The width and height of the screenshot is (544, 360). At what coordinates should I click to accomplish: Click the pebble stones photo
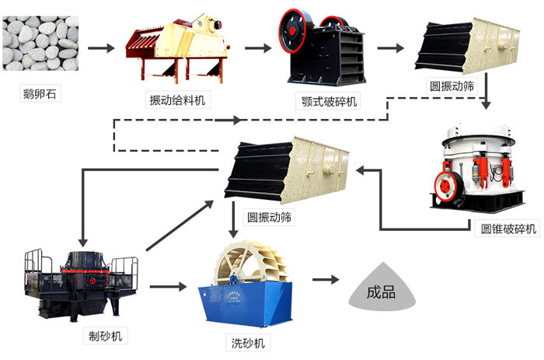pyautogui.click(x=40, y=44)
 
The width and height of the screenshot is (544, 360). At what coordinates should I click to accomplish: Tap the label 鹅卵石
pyautogui.click(x=40, y=96)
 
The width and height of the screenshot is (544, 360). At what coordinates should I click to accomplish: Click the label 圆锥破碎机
pyautogui.click(x=509, y=229)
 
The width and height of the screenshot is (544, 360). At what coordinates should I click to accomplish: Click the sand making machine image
pyautogui.click(x=81, y=284)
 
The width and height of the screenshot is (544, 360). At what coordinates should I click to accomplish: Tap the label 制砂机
pyautogui.click(x=104, y=335)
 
